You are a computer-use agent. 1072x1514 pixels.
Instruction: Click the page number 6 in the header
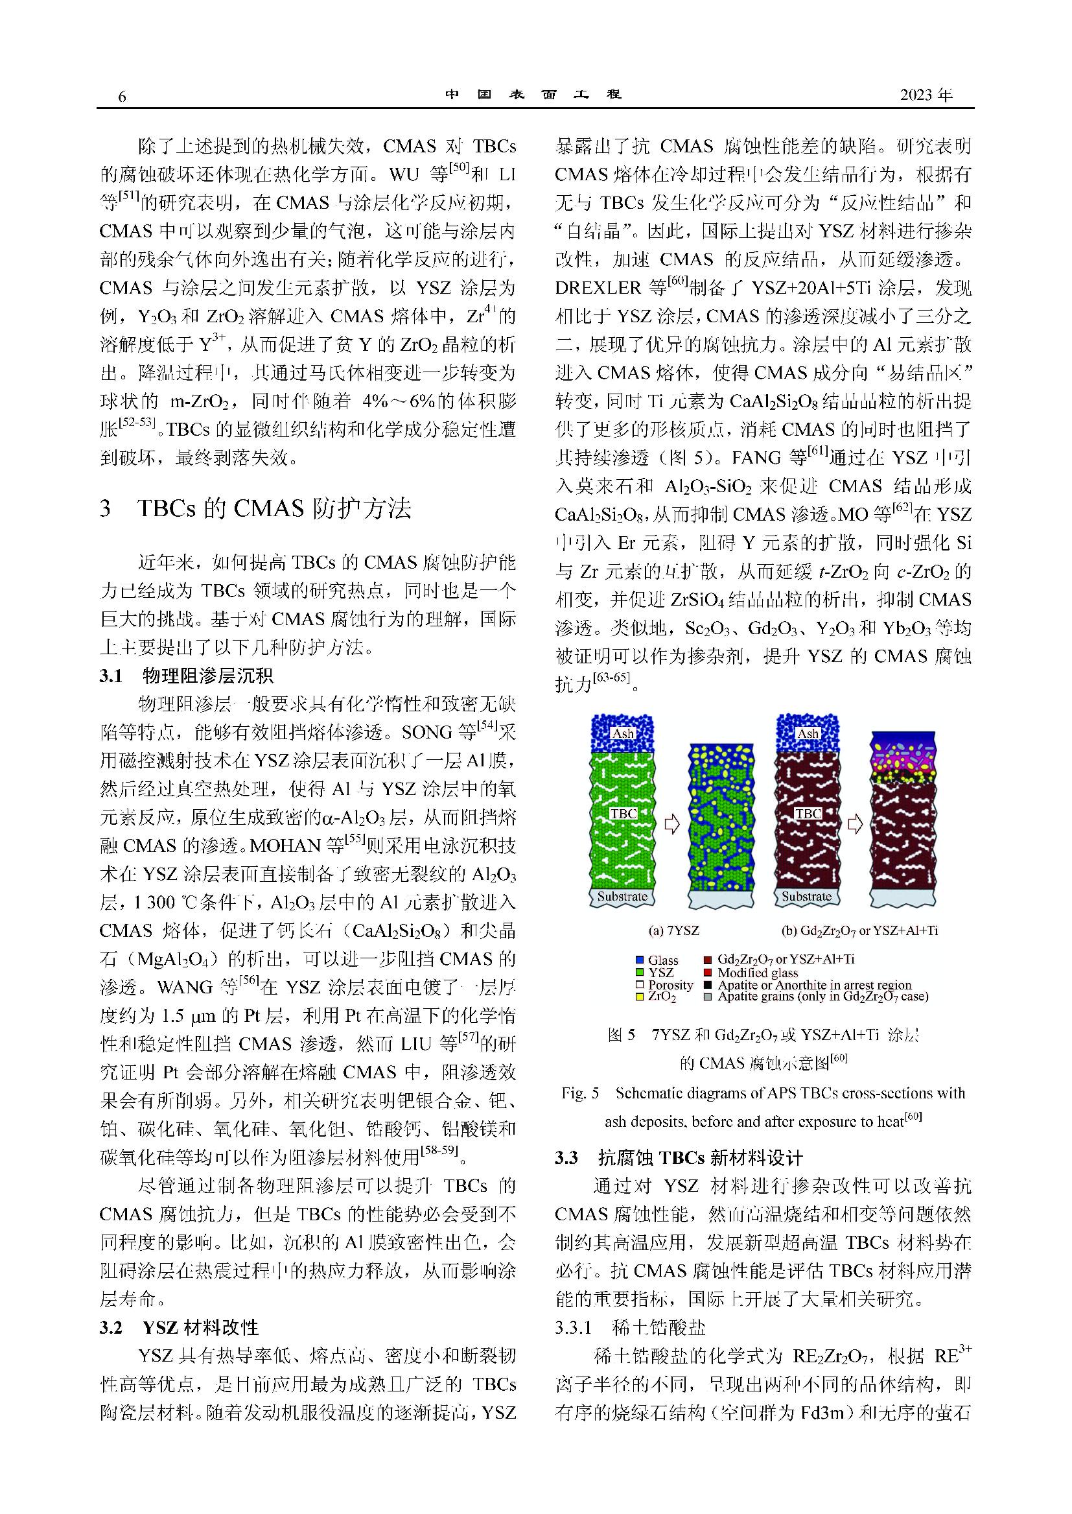[121, 97]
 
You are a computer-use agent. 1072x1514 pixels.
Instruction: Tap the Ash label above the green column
[623, 733]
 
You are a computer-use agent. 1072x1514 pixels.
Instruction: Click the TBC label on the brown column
[808, 814]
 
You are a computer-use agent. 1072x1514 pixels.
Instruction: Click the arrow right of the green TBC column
[671, 824]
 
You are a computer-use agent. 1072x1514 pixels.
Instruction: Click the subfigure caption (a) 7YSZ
[673, 930]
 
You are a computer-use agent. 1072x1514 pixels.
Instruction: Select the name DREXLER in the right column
[598, 288]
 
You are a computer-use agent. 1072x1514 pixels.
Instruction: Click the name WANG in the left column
[186, 988]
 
